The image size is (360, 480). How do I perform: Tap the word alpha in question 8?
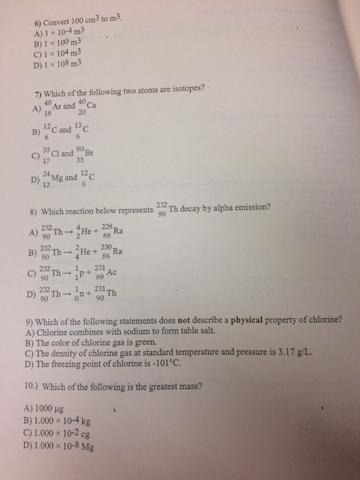(x=232, y=208)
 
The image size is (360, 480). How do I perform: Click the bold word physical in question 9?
(x=264, y=320)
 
